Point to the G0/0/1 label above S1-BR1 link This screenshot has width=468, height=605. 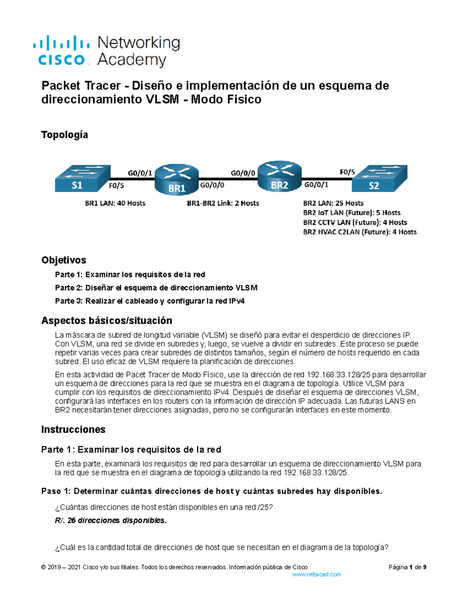pyautogui.click(x=140, y=173)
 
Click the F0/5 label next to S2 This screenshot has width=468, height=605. pyautogui.click(x=347, y=172)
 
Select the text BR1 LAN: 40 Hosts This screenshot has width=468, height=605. pyautogui.click(x=115, y=203)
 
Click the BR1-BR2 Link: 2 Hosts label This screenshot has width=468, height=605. pyautogui.click(x=223, y=203)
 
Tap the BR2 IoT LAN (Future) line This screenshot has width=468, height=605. pyautogui.click(x=351, y=213)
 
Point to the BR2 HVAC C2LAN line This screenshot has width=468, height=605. pyautogui.click(x=360, y=232)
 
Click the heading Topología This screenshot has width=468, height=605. pyautogui.click(x=64, y=135)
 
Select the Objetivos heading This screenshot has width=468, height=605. pyautogui.click(x=64, y=260)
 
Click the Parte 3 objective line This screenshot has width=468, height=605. pyautogui.click(x=150, y=301)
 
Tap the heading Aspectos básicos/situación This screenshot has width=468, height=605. pyautogui.click(x=106, y=320)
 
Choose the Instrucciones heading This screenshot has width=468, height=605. pyautogui.click(x=73, y=429)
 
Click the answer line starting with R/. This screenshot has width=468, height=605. pyautogui.click(x=111, y=520)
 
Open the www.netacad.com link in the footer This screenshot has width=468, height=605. pyautogui.click(x=316, y=574)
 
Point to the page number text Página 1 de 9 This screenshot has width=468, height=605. pyautogui.click(x=407, y=567)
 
